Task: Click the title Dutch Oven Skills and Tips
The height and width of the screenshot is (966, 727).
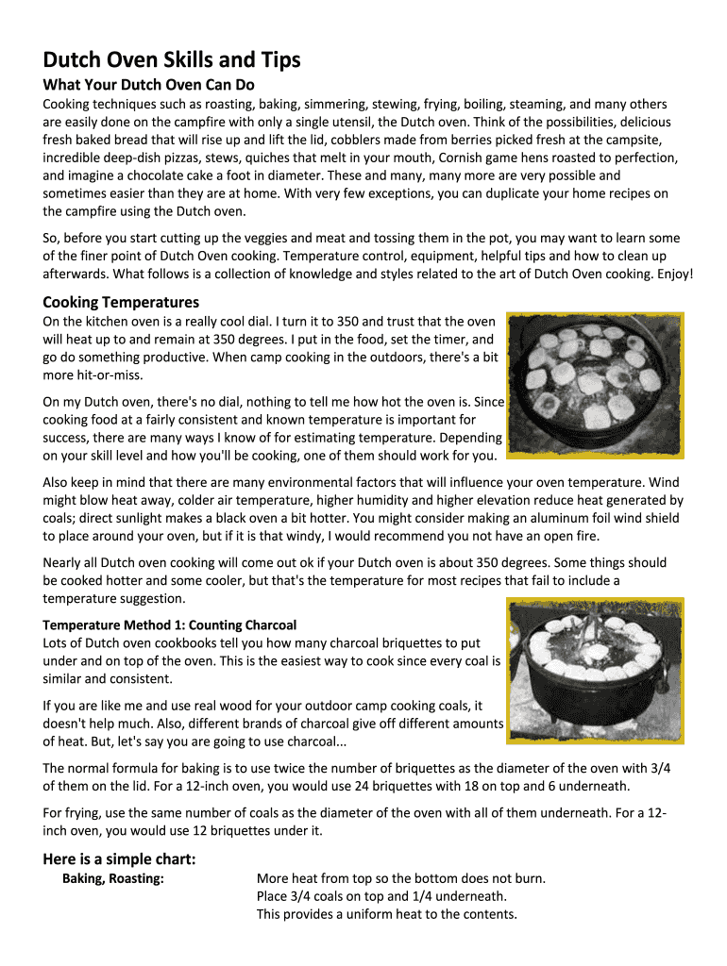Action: [172, 60]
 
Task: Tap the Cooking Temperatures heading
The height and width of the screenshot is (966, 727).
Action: [121, 302]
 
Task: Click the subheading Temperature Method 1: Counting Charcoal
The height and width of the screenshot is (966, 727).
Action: [170, 625]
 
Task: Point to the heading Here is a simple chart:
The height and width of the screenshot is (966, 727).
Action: [120, 858]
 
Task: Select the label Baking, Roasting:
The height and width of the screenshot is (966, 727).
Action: [113, 878]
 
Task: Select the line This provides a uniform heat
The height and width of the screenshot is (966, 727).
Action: [386, 914]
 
